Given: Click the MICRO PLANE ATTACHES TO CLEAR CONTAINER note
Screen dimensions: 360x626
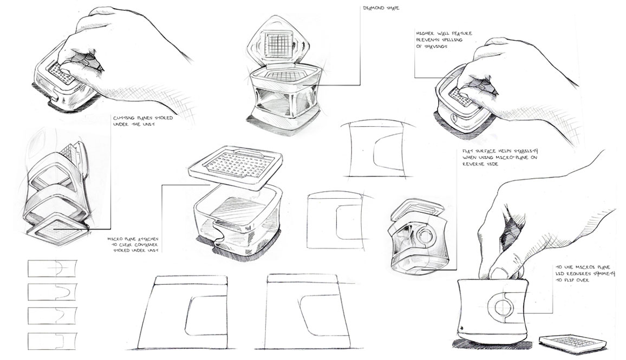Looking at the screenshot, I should [129, 244].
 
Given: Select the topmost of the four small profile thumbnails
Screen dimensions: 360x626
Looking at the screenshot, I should [52, 269].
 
